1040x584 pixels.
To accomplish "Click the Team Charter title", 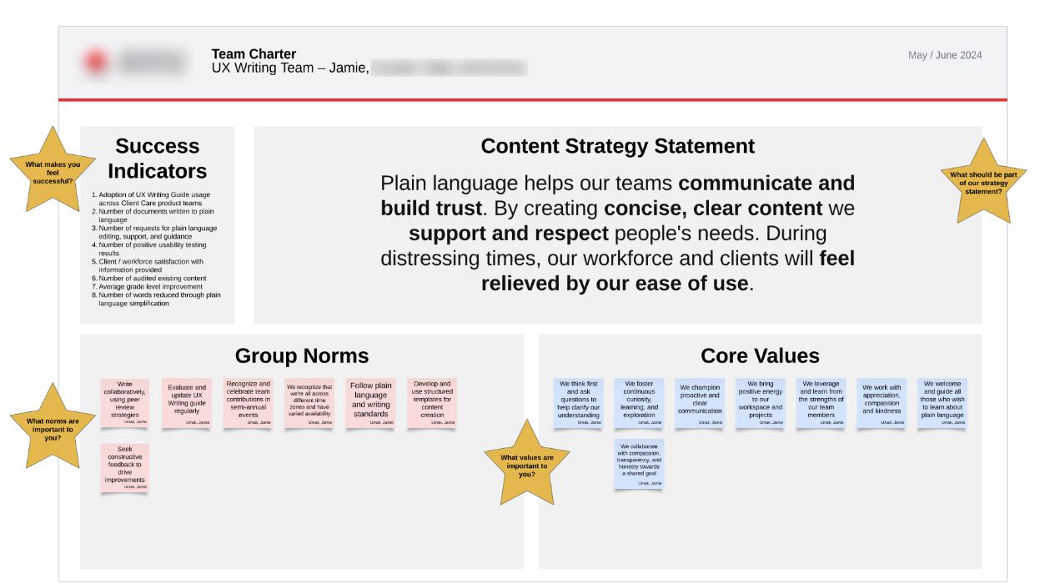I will click(254, 54).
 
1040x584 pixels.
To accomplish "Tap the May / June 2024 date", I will click(944, 55).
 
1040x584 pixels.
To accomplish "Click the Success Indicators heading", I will click(158, 159).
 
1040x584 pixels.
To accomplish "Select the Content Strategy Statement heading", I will click(617, 146).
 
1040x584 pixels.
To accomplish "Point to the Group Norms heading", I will click(302, 356).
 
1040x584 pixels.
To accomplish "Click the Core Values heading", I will click(760, 356).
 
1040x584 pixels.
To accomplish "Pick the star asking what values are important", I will click(526, 465).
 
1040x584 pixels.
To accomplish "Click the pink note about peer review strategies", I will click(125, 403).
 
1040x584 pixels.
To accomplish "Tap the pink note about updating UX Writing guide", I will click(187, 403).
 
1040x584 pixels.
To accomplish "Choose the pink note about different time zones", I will click(309, 403).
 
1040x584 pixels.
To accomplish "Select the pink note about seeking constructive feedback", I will click(125, 468).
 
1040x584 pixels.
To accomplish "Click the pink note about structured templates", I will click(432, 403).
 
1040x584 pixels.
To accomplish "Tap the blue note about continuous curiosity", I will click(639, 403).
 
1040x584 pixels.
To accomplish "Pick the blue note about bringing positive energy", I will click(760, 403).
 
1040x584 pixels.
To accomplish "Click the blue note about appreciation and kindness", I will click(882, 403).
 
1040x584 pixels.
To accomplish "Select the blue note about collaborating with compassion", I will click(639, 464).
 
